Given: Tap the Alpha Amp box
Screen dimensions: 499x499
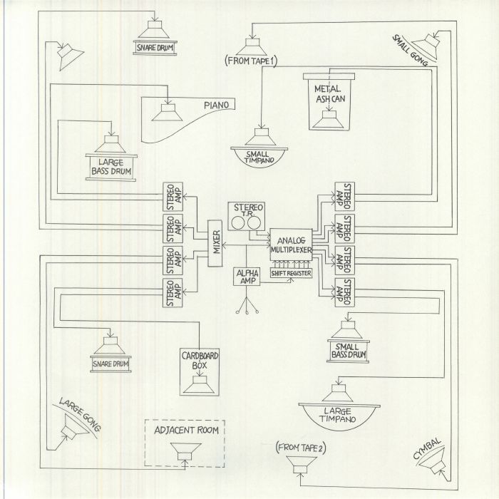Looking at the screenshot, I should click(246, 277).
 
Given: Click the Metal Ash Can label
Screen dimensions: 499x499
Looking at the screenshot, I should click(326, 93).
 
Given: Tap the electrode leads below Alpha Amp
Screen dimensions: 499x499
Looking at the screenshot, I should click(247, 306).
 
